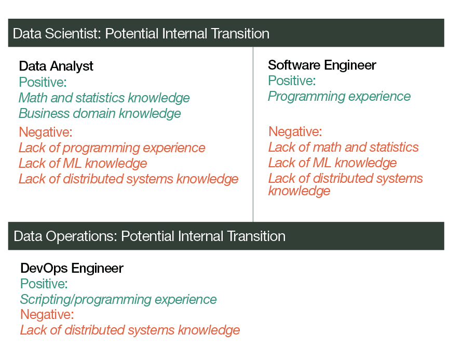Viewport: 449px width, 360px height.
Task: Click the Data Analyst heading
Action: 56,66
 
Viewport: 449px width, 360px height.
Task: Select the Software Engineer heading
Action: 322,65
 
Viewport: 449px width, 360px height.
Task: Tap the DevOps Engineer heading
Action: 72,269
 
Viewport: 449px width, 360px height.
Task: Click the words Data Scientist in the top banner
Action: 57,34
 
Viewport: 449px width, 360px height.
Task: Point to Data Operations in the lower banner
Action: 65,236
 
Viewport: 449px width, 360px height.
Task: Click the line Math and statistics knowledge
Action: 104,98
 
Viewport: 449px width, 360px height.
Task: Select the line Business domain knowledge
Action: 100,113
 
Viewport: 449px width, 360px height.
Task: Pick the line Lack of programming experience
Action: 112,148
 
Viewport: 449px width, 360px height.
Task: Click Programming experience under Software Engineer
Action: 339,97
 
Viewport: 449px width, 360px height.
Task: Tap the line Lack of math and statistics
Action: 343,148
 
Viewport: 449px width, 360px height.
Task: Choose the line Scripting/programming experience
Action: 118,300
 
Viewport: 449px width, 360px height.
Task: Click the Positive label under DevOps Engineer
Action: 44,284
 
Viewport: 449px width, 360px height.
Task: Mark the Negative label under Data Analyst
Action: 46,132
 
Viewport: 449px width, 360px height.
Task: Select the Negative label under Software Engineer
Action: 295,131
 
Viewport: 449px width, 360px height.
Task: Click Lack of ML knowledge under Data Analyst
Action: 83,163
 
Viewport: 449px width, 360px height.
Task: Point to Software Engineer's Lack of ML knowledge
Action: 332,163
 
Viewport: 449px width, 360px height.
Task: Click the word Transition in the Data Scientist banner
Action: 240,34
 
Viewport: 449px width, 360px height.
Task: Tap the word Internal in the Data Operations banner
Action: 200,236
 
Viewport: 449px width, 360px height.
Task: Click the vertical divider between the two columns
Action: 253,134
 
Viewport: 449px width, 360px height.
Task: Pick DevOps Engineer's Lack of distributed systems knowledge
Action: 130,330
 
